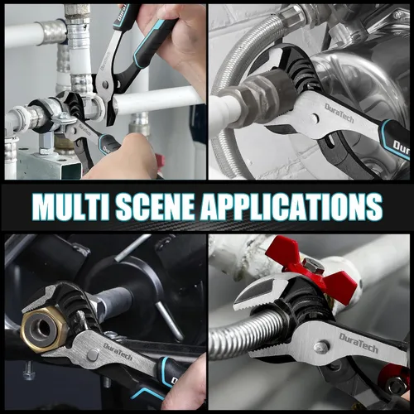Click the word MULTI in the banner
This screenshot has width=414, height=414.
click(72, 206)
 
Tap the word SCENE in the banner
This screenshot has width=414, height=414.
click(156, 206)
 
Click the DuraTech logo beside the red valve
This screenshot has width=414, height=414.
click(359, 343)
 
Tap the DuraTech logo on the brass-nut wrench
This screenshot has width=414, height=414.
click(118, 351)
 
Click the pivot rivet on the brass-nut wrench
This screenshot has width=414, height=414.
click(94, 354)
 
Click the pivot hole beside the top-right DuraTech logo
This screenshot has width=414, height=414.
click(315, 119)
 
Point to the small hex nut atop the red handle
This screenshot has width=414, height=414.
click(311, 263)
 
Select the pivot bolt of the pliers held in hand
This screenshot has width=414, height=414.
click(105, 84)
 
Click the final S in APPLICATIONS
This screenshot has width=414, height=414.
click(375, 206)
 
